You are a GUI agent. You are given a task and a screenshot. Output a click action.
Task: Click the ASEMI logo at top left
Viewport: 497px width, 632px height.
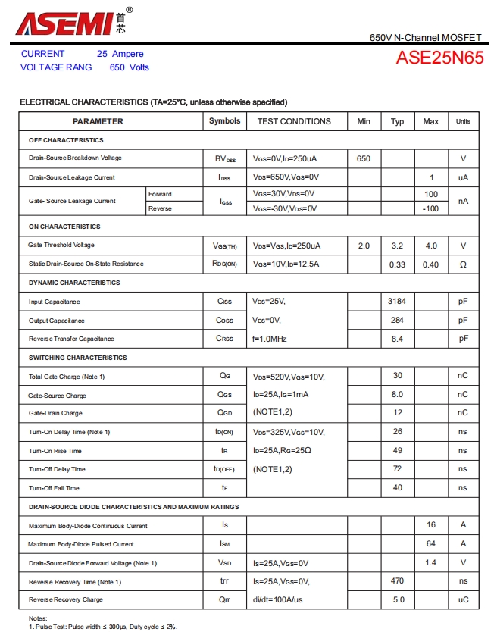[x=64, y=23]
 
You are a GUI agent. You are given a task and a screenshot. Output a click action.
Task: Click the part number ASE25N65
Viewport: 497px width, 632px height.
[x=439, y=58]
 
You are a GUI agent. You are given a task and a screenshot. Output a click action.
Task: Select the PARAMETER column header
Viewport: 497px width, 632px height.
[x=98, y=121]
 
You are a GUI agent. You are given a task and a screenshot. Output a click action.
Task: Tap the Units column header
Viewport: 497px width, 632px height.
[x=463, y=121]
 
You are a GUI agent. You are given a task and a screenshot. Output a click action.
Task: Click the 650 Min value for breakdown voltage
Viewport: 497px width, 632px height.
[x=364, y=158]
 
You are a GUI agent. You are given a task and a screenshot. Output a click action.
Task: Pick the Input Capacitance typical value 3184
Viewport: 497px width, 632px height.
[x=397, y=301]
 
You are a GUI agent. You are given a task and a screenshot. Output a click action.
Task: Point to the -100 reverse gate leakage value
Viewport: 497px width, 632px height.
[x=430, y=208]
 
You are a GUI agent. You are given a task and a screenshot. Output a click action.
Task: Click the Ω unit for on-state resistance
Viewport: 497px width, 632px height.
[x=463, y=264]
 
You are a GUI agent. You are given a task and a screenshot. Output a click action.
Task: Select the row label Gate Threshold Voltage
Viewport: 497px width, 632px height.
[x=61, y=246]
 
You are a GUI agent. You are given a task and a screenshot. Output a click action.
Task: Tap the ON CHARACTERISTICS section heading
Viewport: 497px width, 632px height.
[x=64, y=227]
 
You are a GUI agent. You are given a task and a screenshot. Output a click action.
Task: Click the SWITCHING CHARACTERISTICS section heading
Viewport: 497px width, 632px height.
[x=78, y=358]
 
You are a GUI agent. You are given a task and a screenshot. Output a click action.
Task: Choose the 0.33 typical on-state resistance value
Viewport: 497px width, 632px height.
[x=397, y=264]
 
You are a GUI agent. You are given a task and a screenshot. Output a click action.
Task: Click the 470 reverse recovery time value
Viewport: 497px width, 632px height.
[x=397, y=581]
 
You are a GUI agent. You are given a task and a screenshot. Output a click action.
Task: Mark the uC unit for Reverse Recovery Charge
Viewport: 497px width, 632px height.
[x=463, y=599]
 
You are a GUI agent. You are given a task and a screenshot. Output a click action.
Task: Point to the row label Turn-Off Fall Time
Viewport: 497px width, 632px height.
[x=54, y=488]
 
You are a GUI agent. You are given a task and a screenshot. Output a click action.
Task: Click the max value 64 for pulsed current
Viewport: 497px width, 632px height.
[x=430, y=543]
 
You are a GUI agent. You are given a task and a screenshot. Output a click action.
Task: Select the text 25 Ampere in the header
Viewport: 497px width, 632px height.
[x=120, y=54]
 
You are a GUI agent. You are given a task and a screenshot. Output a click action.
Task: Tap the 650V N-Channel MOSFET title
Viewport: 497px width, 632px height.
[x=425, y=37]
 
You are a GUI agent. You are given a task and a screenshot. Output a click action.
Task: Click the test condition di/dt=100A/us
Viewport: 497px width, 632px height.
[x=278, y=599]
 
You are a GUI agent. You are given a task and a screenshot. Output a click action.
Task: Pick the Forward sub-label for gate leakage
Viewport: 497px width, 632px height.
[x=160, y=194]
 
